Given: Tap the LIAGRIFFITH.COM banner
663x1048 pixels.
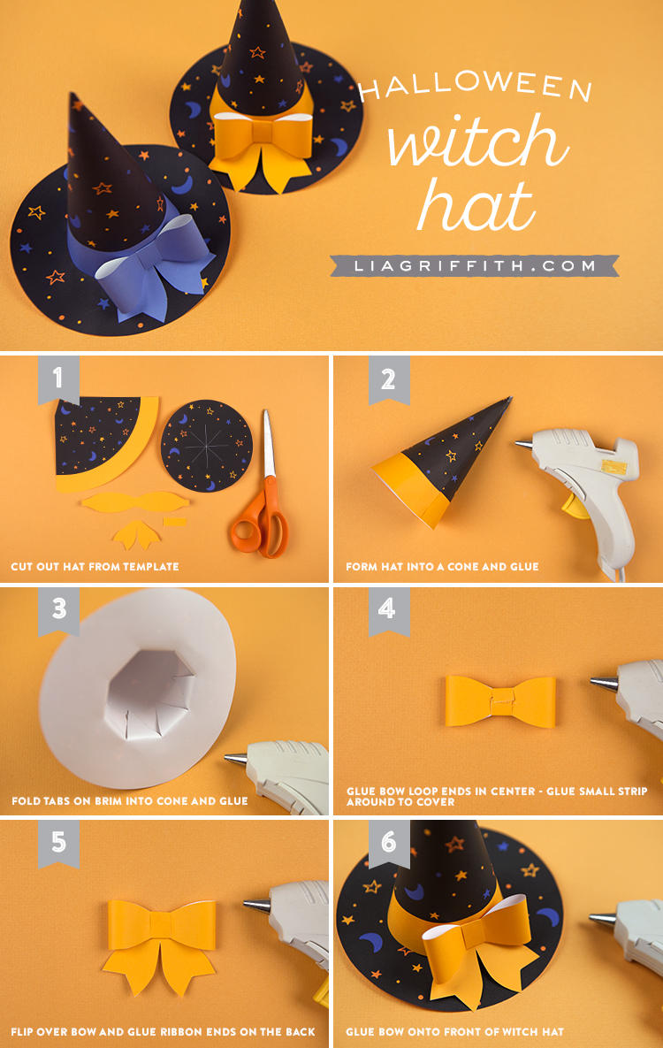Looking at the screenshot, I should [x=474, y=265].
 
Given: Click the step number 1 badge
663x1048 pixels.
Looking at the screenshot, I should [x=58, y=379].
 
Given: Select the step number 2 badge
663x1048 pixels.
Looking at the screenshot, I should [x=389, y=379].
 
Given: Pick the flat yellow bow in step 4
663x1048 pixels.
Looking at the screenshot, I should [x=500, y=702].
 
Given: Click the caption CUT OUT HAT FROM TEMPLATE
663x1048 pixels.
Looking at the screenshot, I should [x=95, y=567].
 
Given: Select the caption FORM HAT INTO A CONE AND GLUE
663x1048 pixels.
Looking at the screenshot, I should [x=442, y=567].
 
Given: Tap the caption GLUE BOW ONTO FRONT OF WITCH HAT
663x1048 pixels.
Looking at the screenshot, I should [x=454, y=1031].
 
